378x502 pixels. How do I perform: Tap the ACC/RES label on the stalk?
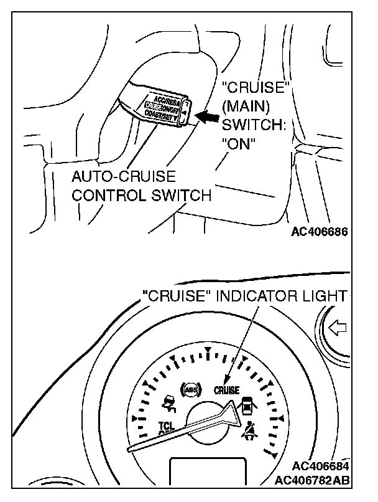(x=164, y=97)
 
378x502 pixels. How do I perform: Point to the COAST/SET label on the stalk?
(x=162, y=116)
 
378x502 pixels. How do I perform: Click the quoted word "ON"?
(x=239, y=143)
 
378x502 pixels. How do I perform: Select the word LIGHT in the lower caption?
(x=325, y=296)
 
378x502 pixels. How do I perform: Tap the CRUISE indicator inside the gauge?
(x=226, y=391)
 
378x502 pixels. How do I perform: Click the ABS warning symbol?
(x=188, y=391)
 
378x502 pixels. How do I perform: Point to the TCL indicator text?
(x=165, y=427)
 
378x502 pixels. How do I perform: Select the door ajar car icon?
(x=248, y=405)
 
